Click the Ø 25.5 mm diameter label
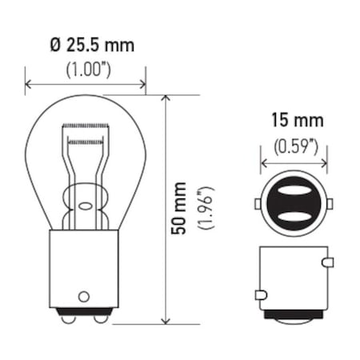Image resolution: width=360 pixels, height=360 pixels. point(87,45)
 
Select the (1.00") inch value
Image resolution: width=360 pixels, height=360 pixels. point(87,69)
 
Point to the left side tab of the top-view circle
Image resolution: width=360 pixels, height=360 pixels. point(258,204)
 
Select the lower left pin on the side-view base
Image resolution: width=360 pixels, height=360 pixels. point(260,295)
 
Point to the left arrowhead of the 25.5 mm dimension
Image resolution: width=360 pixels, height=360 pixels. point(30,82)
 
